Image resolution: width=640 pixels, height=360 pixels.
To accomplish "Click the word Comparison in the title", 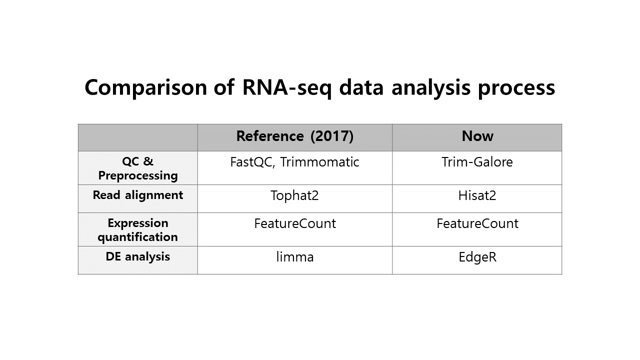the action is (145, 87).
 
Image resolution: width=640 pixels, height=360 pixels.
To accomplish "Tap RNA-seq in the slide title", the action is (286, 87).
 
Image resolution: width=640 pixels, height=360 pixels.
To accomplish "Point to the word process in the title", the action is (516, 87).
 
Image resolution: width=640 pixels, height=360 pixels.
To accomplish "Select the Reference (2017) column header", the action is (295, 136).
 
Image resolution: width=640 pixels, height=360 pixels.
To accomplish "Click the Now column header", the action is (477, 136).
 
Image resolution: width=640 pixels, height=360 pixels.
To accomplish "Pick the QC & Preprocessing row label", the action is (137, 168).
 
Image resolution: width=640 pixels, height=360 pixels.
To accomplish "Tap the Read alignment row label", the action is (137, 195).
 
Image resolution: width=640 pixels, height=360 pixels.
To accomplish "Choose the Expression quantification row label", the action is (137, 230).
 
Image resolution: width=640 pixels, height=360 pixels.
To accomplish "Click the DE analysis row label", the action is (137, 256).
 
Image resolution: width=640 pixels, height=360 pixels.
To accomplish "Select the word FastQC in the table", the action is (252, 162).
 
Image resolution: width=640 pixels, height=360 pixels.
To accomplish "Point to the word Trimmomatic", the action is (319, 162).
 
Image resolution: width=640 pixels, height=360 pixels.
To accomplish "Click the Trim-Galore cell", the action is (477, 162).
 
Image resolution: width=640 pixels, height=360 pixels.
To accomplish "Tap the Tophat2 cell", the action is (294, 195).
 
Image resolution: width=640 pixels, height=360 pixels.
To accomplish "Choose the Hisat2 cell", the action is (477, 195).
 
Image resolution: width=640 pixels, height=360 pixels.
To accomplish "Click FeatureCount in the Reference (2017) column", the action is (295, 223).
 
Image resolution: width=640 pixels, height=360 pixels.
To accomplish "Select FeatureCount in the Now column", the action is (477, 223).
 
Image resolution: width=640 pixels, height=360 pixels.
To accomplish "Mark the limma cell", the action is (295, 257).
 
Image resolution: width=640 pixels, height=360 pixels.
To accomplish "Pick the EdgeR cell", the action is (477, 257).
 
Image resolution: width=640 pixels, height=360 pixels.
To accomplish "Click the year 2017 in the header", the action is (331, 136).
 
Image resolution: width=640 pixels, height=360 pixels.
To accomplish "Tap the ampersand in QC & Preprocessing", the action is (148, 161).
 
